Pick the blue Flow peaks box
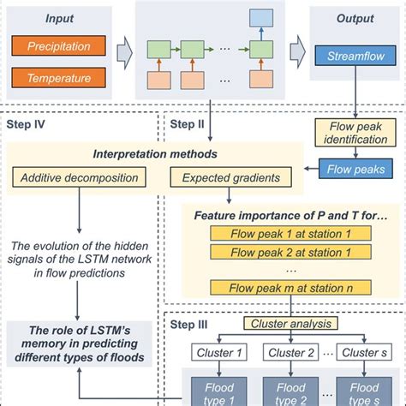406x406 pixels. [358, 170]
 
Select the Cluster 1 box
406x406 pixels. [218, 352]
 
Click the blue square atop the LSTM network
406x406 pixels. [261, 17]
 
